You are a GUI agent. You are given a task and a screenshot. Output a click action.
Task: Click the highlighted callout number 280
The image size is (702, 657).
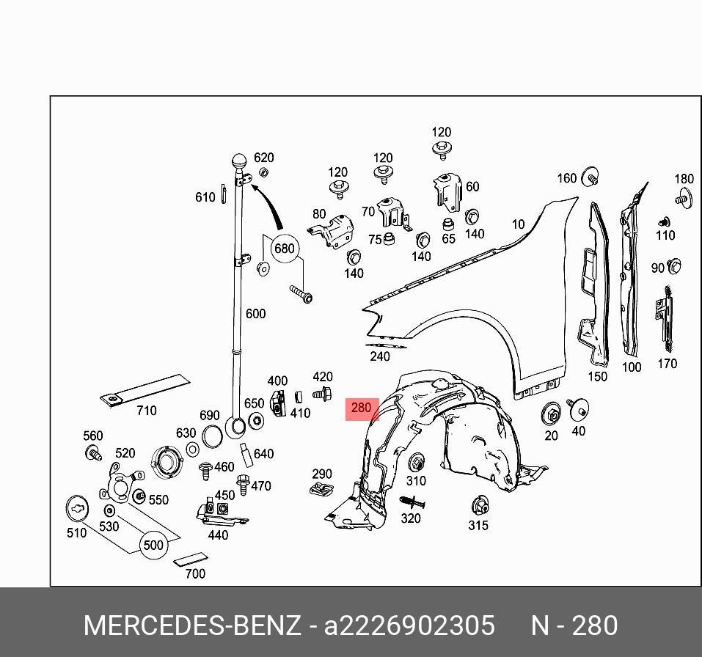362,408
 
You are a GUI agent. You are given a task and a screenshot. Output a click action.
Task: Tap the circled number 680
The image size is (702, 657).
284,249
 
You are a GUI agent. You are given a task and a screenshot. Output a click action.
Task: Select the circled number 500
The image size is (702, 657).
153,546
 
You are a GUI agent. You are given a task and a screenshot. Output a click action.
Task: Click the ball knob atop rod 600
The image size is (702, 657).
240,161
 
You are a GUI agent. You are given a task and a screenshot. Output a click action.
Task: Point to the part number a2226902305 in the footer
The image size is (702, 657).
409,625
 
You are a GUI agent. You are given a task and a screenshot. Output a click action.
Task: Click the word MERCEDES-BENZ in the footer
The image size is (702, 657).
192,625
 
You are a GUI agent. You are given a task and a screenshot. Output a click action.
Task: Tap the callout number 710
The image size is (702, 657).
147,411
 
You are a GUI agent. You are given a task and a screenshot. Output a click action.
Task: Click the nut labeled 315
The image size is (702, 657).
478,505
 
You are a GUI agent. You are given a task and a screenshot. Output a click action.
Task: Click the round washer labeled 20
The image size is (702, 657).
551,415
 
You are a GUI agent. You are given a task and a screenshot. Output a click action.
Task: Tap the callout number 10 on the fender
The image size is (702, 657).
519,224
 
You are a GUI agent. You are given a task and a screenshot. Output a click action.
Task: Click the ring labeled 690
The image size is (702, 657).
211,436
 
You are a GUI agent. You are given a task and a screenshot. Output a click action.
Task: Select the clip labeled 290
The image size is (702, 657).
321,489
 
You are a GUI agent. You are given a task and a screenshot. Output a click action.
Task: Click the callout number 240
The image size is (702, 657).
380,357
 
